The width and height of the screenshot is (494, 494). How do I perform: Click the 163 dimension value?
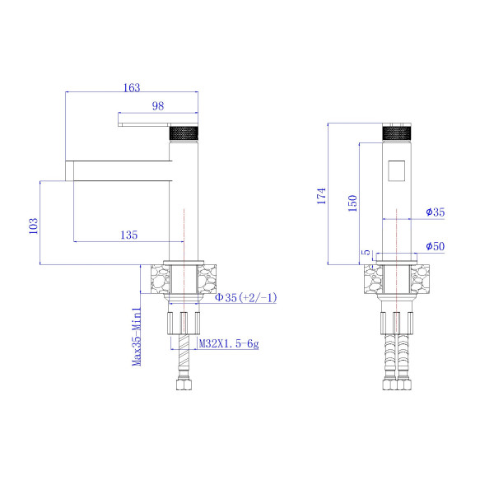pos(132,87)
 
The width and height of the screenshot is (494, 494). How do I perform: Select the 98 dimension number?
pos(158,106)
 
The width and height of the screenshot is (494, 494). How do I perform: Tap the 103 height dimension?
pos(34,226)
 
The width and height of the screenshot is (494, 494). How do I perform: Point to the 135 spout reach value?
pos(129,235)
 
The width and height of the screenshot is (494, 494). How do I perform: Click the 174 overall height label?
pos(321,196)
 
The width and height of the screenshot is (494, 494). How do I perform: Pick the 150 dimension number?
pos(353,203)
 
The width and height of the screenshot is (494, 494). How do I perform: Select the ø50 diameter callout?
pos(436,246)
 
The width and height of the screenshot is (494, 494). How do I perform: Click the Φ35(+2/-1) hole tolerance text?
pos(245,297)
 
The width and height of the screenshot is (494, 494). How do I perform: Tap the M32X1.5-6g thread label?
pos(229,343)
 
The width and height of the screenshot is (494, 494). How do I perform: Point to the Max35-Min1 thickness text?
pos(137,337)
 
